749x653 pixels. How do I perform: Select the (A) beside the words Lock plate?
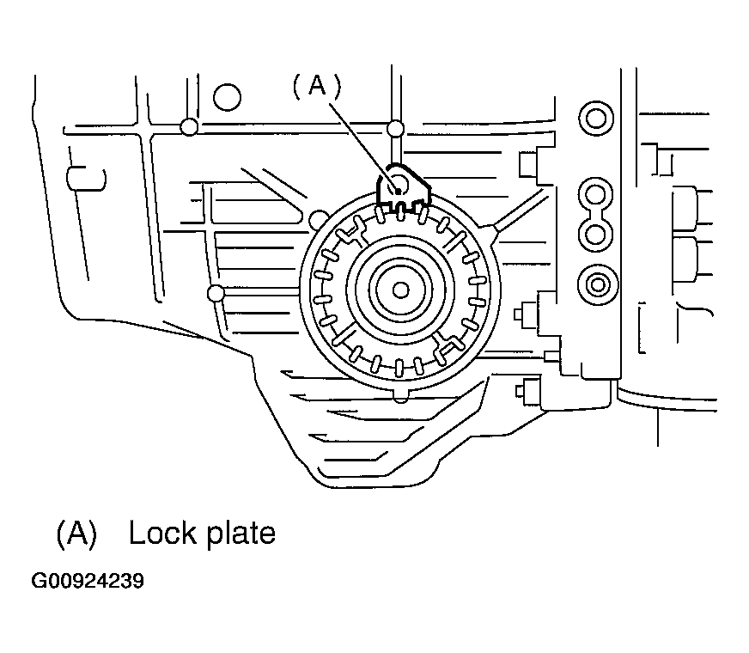(x=76, y=534)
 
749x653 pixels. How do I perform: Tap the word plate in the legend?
(x=239, y=534)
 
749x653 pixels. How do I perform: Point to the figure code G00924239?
(x=88, y=582)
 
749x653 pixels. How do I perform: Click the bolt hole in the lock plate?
(x=398, y=185)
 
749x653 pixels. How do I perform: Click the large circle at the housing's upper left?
(x=228, y=96)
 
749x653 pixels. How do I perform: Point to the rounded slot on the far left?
(x=87, y=179)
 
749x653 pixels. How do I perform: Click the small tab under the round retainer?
(x=401, y=395)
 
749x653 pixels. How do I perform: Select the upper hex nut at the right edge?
(x=690, y=210)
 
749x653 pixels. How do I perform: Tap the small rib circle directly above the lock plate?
(x=395, y=129)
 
